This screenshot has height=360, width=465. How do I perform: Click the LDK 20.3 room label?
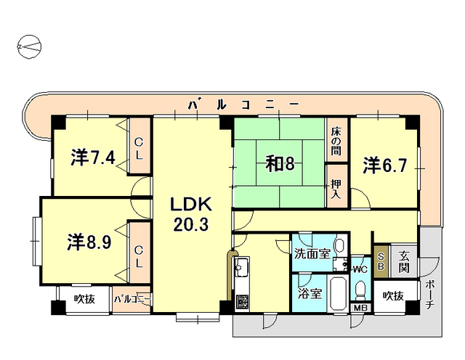click(190, 213)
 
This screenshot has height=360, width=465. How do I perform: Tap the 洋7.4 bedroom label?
click(92, 157)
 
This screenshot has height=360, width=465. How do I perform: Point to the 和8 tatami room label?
click(279, 164)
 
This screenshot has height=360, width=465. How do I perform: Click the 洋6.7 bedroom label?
click(384, 164)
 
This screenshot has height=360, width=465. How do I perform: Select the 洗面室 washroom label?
click(312, 254)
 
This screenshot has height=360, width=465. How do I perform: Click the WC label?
click(360, 269)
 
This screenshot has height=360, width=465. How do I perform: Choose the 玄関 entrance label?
click(403, 262)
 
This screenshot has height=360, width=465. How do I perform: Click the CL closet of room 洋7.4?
click(139, 148)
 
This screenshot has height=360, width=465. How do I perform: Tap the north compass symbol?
click(29, 47)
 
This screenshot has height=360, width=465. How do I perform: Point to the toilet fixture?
click(359, 290)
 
